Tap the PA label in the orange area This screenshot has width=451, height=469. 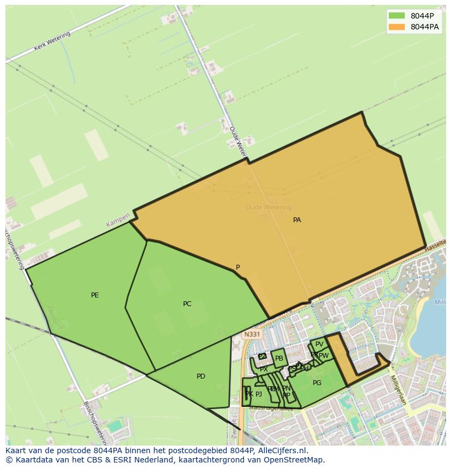click(x=297, y=220)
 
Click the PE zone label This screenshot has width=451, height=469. click(x=95, y=295)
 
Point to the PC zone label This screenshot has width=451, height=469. click(x=187, y=304)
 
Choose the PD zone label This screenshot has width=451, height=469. click(x=201, y=376)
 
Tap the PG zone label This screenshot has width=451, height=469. click(x=317, y=383)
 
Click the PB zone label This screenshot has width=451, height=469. click(x=279, y=358)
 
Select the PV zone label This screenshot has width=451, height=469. click(x=319, y=344)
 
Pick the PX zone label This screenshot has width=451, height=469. click(x=264, y=369)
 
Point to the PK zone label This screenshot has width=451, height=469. click(x=248, y=394)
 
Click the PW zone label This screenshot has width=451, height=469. click(x=324, y=356)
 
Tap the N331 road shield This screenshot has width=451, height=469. click(x=252, y=334)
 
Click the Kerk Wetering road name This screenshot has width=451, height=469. click(x=52, y=41)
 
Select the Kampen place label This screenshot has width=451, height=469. click(x=118, y=220)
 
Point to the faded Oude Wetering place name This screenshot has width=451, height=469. click(x=269, y=207)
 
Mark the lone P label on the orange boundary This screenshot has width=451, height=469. click(x=237, y=267)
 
